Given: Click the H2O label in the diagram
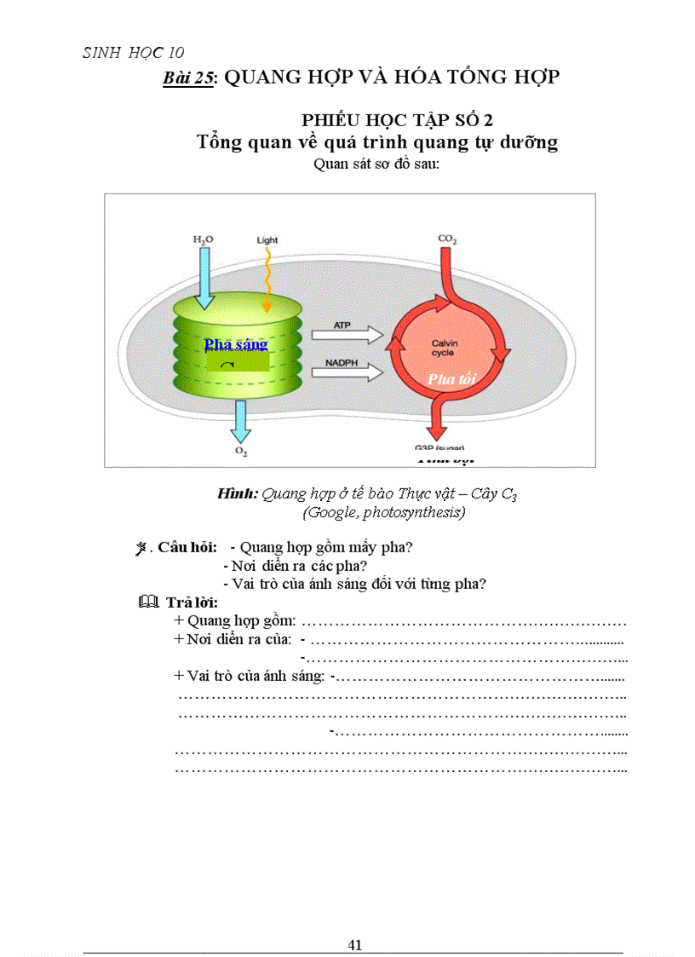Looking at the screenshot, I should (x=203, y=240).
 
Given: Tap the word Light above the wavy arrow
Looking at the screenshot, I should (x=267, y=240).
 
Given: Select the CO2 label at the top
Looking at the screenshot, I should (x=447, y=239).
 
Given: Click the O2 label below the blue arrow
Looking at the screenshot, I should (x=241, y=453).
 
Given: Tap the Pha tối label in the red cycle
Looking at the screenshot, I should (x=451, y=378).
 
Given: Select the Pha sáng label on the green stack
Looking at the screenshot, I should (x=236, y=344).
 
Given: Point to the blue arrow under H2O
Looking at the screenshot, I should (x=204, y=277).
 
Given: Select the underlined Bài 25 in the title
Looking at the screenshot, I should (x=188, y=78).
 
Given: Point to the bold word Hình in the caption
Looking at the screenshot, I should (x=238, y=493).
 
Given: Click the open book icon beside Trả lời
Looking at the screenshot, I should (x=146, y=602).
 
